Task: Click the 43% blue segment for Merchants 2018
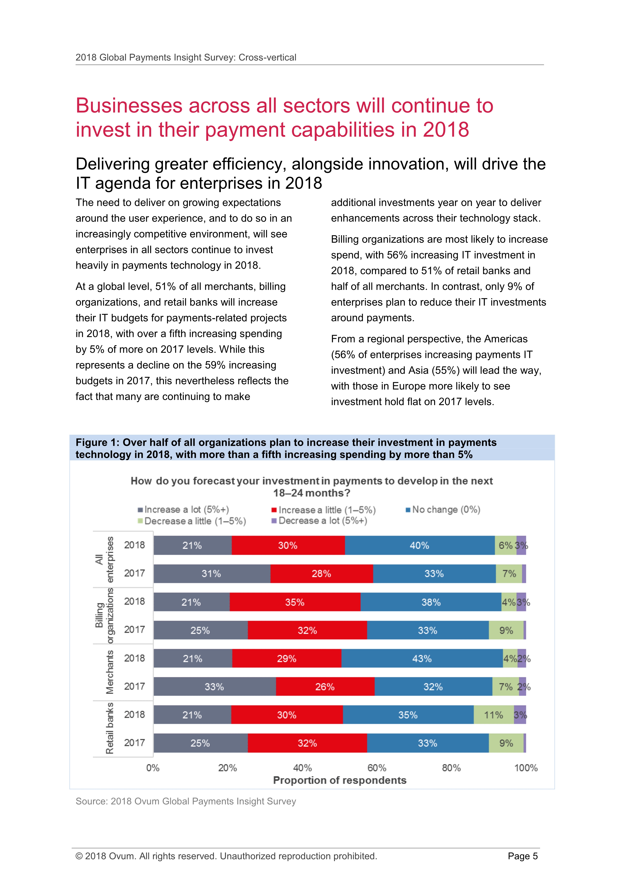422,658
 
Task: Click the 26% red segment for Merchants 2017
325,687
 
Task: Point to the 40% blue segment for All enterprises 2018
420,545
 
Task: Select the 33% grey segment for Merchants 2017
214,687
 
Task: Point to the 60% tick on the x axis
377,768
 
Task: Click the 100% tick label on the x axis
526,768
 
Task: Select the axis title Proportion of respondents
340,780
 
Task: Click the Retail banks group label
109,728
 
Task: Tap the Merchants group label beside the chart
109,672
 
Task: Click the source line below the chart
186,801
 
